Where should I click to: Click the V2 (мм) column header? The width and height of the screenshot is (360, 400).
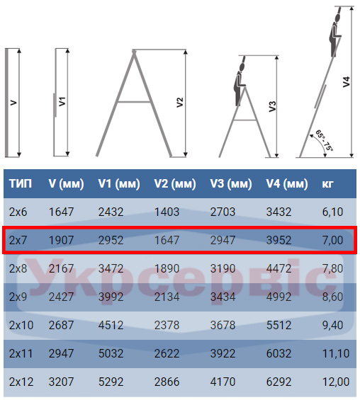175,183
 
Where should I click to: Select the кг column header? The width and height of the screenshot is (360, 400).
327,183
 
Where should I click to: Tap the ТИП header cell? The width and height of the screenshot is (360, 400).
21,183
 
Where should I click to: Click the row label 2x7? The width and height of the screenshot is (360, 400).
18,240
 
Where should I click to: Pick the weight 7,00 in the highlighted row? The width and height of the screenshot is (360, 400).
332,240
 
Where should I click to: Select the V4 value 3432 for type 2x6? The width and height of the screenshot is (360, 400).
279,212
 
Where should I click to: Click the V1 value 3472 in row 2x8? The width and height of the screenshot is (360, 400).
111,268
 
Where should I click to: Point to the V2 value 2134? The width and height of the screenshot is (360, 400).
167,297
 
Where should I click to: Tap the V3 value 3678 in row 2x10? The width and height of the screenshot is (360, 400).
223,325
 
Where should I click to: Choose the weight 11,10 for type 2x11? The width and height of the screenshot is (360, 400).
336,353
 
